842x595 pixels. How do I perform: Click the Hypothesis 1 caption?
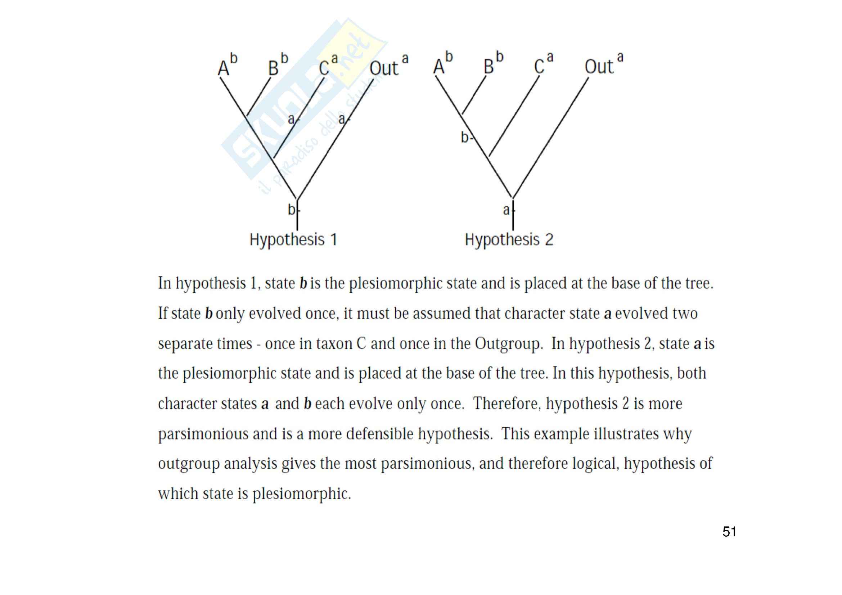point(293,240)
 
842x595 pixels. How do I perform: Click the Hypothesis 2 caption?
point(509,240)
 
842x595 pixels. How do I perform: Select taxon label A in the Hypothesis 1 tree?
point(223,68)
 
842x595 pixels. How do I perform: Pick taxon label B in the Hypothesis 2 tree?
point(488,67)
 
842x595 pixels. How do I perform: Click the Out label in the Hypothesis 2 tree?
point(599,67)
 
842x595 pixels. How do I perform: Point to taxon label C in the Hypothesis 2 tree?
point(539,67)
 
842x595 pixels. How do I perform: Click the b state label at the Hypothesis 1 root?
point(292,210)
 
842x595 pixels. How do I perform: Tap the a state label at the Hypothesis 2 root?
point(506,210)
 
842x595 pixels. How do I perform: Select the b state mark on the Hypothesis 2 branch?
point(465,138)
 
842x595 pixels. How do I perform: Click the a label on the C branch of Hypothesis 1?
point(291,119)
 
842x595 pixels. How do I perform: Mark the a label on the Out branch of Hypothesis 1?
point(342,119)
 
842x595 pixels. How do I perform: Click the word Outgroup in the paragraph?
point(508,344)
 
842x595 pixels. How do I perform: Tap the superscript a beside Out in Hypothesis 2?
point(620,57)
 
